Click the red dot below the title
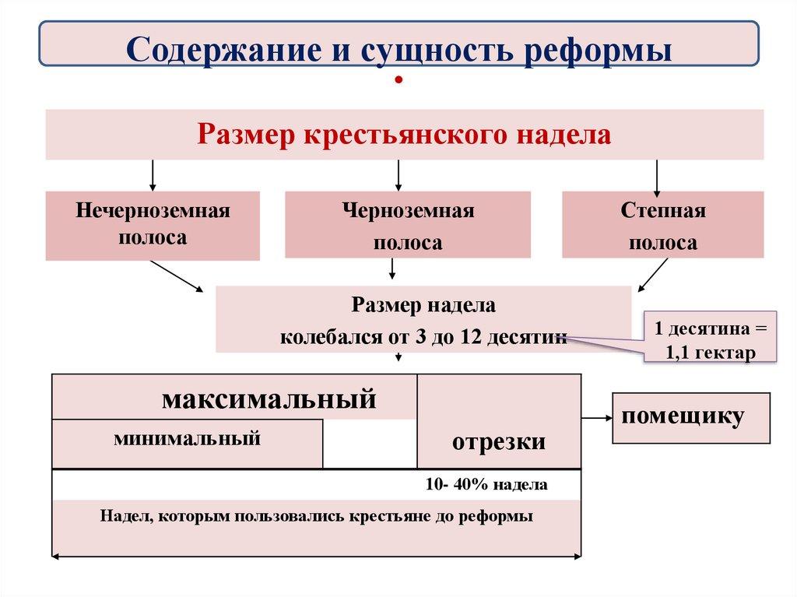(x=398, y=82)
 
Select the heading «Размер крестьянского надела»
(x=404, y=135)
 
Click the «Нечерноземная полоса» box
(x=153, y=225)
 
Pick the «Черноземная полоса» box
(x=407, y=225)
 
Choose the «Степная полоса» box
(x=662, y=225)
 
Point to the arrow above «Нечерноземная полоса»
(x=153, y=175)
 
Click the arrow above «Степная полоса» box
(x=658, y=175)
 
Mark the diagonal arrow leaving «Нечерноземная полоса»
(x=175, y=277)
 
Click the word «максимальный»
(x=269, y=400)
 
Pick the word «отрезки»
(x=499, y=442)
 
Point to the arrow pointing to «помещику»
(x=596, y=417)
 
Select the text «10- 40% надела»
(x=486, y=484)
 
